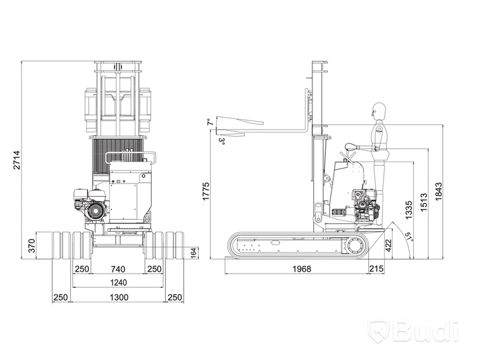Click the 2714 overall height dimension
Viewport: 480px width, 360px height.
pyautogui.click(x=17, y=160)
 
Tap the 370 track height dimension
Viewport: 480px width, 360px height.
pyautogui.click(x=32, y=246)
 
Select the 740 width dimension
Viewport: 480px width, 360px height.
pyautogui.click(x=118, y=269)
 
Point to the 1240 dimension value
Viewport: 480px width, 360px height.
pyautogui.click(x=118, y=282)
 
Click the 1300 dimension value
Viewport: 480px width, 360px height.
pyautogui.click(x=119, y=297)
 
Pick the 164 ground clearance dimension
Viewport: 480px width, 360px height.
pyautogui.click(x=193, y=253)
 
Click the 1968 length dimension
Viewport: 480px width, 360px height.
pyautogui.click(x=302, y=269)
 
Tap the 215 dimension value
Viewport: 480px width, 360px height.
pyautogui.click(x=376, y=268)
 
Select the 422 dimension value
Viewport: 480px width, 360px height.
pyautogui.click(x=388, y=245)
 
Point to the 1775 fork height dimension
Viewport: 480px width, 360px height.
pyautogui.click(x=206, y=191)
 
